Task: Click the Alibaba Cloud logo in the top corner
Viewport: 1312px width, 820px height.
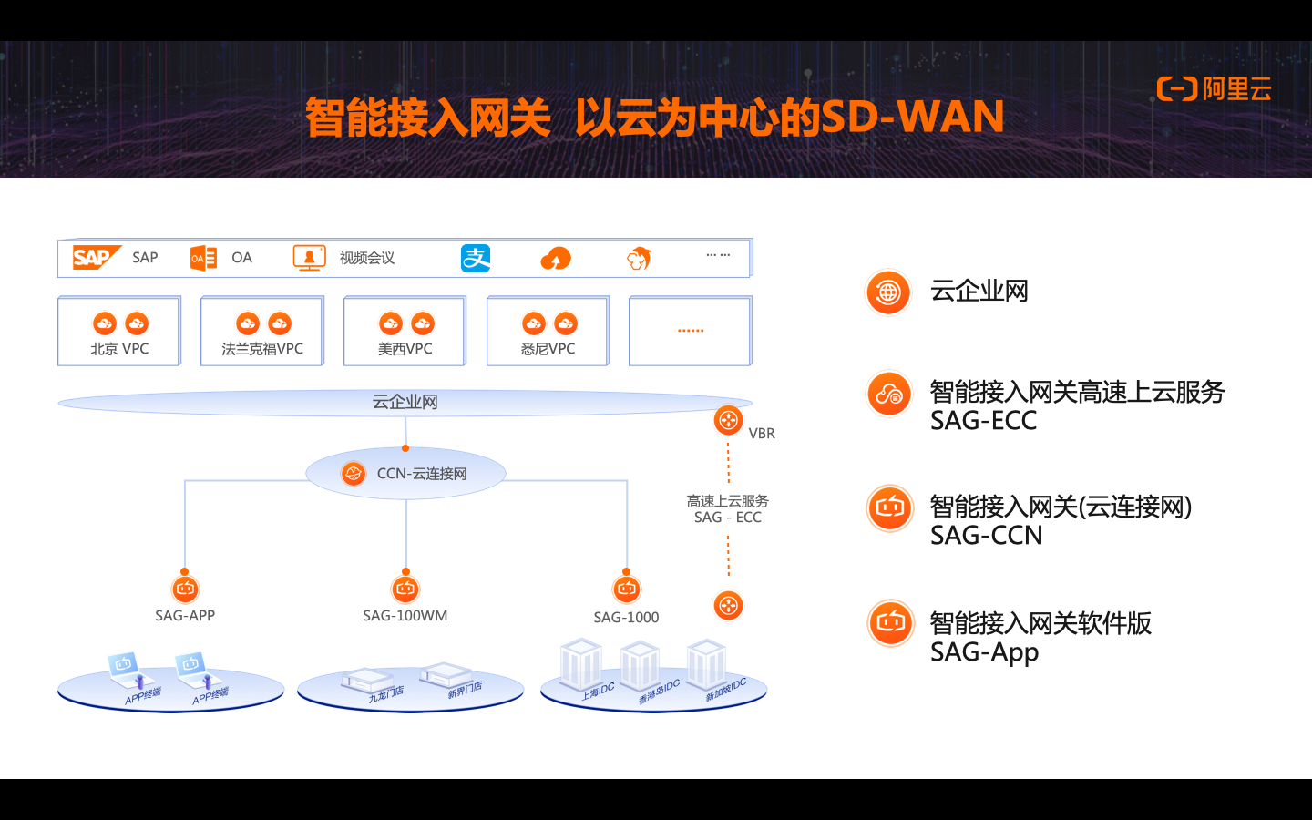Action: coord(1214,89)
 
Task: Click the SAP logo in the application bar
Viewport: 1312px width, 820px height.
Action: coord(96,258)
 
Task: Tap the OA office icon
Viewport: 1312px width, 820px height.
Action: coord(203,258)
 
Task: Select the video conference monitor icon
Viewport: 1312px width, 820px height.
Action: coord(309,258)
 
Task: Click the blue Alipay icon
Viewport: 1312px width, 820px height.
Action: coord(476,259)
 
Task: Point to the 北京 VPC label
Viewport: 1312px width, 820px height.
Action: coord(119,349)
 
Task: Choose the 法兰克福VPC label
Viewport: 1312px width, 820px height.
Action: coord(262,349)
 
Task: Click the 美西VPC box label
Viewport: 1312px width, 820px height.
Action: coord(405,349)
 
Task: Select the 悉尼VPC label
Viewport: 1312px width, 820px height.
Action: coord(548,349)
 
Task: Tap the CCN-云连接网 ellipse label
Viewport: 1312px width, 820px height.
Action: coord(422,474)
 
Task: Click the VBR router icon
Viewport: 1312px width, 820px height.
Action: coord(728,420)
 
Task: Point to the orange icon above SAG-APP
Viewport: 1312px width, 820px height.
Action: coord(185,589)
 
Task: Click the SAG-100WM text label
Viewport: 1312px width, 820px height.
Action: coord(405,616)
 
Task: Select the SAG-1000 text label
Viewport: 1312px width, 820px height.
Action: coord(626,618)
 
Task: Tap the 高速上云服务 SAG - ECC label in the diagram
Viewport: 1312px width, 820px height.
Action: coord(728,509)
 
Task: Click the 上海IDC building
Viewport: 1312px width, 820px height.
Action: coord(581,665)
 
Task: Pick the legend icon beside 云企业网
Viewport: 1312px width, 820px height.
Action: coord(888,292)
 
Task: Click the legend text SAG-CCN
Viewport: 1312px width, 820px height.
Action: coord(986,536)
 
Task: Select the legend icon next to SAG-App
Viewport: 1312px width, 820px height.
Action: coord(890,623)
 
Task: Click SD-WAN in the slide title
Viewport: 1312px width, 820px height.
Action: coord(912,117)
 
